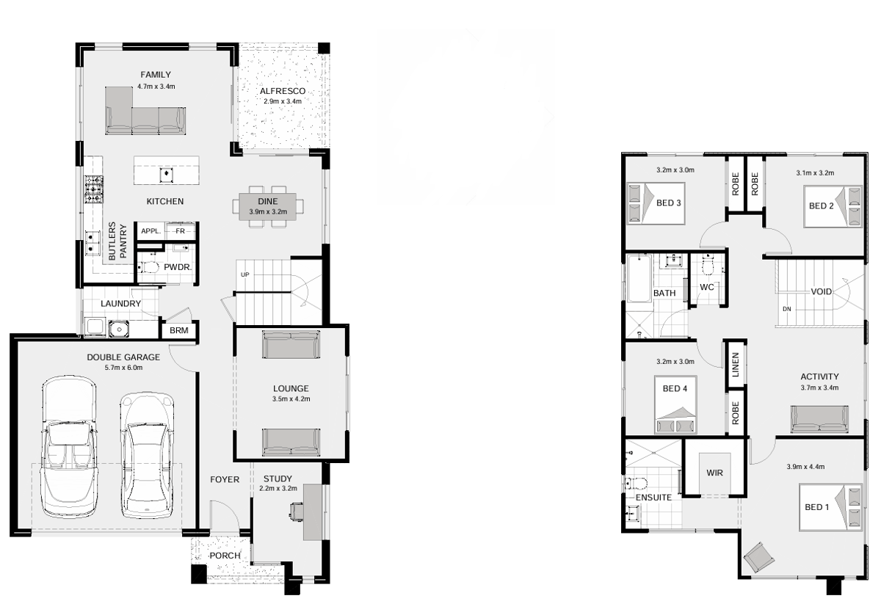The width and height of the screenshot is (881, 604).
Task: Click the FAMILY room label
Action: pyautogui.click(x=156, y=74)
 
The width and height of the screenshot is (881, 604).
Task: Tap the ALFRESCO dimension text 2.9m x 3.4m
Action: pyautogui.click(x=283, y=101)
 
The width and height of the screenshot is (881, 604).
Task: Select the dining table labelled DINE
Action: pyautogui.click(x=268, y=206)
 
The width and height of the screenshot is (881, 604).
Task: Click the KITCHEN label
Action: pyautogui.click(x=164, y=201)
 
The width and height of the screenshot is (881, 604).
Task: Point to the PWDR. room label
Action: pyautogui.click(x=178, y=267)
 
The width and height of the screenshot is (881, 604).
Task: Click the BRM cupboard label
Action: pyautogui.click(x=179, y=330)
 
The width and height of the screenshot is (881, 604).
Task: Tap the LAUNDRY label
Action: pyautogui.click(x=120, y=304)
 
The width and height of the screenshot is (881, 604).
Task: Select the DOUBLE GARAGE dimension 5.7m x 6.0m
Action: pyautogui.click(x=123, y=368)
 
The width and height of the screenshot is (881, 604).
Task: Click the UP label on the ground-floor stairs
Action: pyautogui.click(x=245, y=274)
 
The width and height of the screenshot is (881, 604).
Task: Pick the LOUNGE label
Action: pyautogui.click(x=291, y=388)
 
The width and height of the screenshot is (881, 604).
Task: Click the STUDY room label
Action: pyautogui.click(x=278, y=479)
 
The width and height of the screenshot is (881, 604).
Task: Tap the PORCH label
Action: pyautogui.click(x=225, y=556)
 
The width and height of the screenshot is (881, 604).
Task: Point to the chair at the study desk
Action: pyautogui.click(x=297, y=512)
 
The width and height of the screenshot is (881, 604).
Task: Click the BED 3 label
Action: pyautogui.click(x=669, y=203)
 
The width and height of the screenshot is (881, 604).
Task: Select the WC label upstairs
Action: pyautogui.click(x=707, y=287)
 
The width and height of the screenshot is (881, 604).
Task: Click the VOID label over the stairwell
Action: pyautogui.click(x=822, y=291)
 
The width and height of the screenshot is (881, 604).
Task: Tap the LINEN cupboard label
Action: pyautogui.click(x=736, y=365)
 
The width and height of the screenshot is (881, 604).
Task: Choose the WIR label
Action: pyautogui.click(x=714, y=473)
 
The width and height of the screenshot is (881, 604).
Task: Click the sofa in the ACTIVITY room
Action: pyautogui.click(x=819, y=420)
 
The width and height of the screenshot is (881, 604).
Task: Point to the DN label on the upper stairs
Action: pyautogui.click(x=786, y=309)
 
